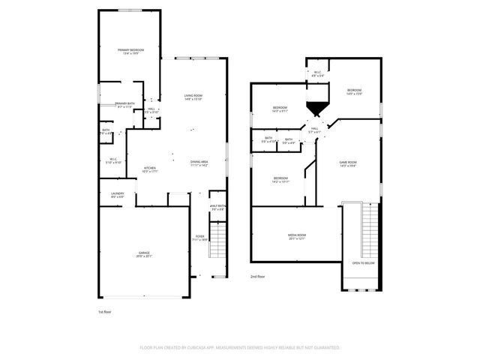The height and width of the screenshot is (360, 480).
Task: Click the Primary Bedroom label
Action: [x=130, y=50]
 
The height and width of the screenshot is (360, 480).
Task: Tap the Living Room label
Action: [x=193, y=95]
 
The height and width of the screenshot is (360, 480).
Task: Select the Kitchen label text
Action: [x=150, y=168]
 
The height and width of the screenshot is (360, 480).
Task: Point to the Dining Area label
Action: [x=199, y=162]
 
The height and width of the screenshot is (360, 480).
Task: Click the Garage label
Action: [x=143, y=253]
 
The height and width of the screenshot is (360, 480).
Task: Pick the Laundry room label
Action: [x=117, y=194]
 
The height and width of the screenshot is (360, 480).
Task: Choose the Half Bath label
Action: [x=218, y=206]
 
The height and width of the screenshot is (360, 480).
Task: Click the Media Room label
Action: [x=297, y=235]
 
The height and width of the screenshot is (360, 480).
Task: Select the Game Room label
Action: [x=348, y=163]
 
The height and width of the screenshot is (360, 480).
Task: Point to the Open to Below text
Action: [x=363, y=263]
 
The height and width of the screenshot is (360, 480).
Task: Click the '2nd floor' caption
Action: [x=258, y=277]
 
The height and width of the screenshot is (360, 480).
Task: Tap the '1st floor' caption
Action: [x=105, y=311]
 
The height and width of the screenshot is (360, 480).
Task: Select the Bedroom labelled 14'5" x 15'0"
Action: [x=354, y=90]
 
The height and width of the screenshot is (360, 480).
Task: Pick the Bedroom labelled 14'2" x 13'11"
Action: [x=280, y=178]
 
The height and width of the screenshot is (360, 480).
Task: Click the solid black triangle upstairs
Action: [x=316, y=109]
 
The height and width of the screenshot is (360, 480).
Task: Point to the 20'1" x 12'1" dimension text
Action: [x=297, y=239]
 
